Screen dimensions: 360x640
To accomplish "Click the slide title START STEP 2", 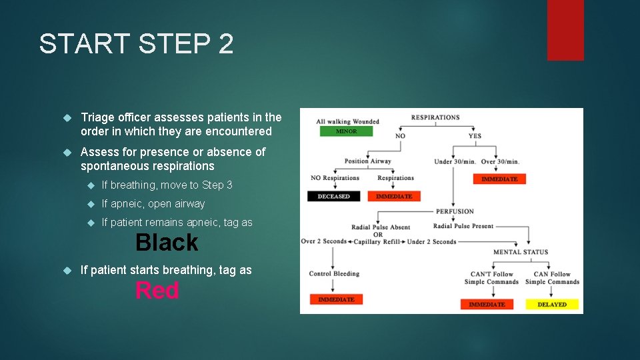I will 137,44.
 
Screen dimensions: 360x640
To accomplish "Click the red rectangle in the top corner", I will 565,30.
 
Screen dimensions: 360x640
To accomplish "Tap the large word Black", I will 167,243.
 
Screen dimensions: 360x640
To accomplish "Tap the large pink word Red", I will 157,291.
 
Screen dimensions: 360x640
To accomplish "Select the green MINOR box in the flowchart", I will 346,131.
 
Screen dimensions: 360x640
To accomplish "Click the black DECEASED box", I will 333,196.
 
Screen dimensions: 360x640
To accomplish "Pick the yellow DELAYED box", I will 552,304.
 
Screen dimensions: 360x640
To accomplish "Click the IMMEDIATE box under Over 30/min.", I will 499,179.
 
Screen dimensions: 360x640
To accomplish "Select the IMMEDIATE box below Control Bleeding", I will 336,299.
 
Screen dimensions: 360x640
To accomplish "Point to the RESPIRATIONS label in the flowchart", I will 435,117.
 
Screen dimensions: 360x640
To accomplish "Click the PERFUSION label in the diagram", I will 455,211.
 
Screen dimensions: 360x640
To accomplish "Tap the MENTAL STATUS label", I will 521,252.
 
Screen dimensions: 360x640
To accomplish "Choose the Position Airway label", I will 367,161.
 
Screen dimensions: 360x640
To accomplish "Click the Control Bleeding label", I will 334,273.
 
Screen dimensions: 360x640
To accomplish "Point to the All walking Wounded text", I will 347,121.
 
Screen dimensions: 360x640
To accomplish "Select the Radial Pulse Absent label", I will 381,227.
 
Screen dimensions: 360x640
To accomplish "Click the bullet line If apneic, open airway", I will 153,204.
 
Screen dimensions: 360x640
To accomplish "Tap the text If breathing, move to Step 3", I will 167,185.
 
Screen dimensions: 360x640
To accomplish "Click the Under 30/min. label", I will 455,161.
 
